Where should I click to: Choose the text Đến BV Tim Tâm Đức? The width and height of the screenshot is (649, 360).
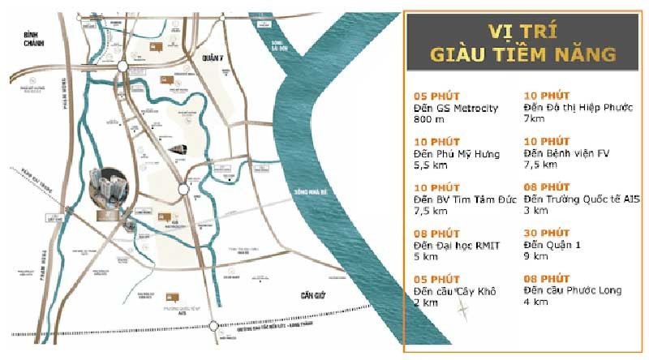(x=460, y=199)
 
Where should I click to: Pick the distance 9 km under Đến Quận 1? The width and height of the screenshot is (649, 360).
(x=536, y=255)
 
